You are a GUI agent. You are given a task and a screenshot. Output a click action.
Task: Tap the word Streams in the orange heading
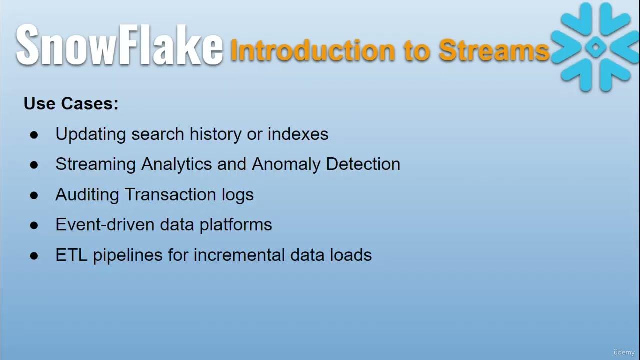(494, 50)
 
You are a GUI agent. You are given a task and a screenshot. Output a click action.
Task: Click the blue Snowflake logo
(595, 47)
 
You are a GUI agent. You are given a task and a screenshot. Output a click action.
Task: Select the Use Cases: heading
(71, 104)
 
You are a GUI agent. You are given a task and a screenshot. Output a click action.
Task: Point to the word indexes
(298, 134)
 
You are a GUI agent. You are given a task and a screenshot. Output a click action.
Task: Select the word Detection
(363, 164)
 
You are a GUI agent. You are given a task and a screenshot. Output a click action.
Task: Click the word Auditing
(87, 195)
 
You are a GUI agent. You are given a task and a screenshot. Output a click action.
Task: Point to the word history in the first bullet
(216, 134)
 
